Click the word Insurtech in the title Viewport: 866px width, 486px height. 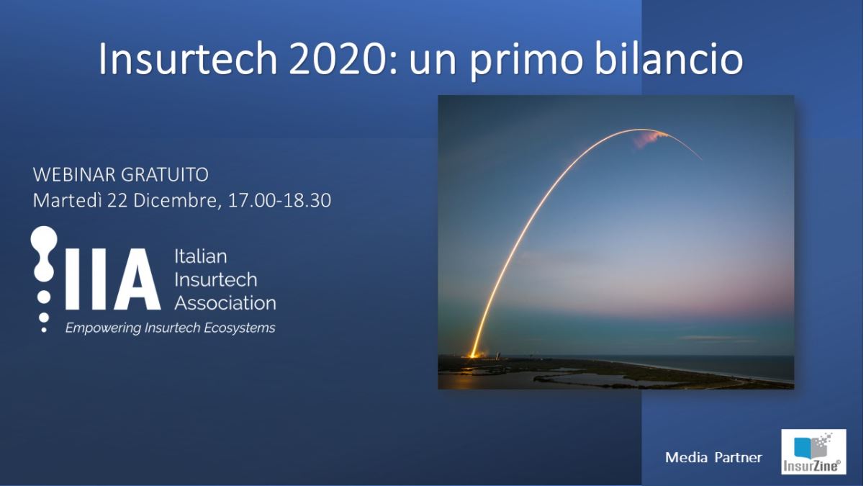(x=188, y=59)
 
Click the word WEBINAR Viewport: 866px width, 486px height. (x=74, y=175)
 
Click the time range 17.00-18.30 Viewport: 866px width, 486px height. (x=279, y=200)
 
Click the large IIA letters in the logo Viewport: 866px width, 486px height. (x=112, y=279)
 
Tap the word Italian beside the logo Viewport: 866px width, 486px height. (x=201, y=256)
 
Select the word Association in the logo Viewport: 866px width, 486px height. (x=225, y=302)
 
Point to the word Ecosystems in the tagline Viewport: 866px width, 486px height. (x=239, y=328)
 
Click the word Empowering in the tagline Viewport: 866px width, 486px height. (x=103, y=328)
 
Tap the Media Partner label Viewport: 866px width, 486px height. (x=713, y=457)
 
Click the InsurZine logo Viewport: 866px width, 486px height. (x=813, y=451)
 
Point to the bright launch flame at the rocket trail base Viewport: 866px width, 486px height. (x=472, y=354)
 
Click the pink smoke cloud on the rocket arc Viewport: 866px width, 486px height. (x=651, y=139)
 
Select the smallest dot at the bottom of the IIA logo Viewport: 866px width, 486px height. (x=44, y=330)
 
